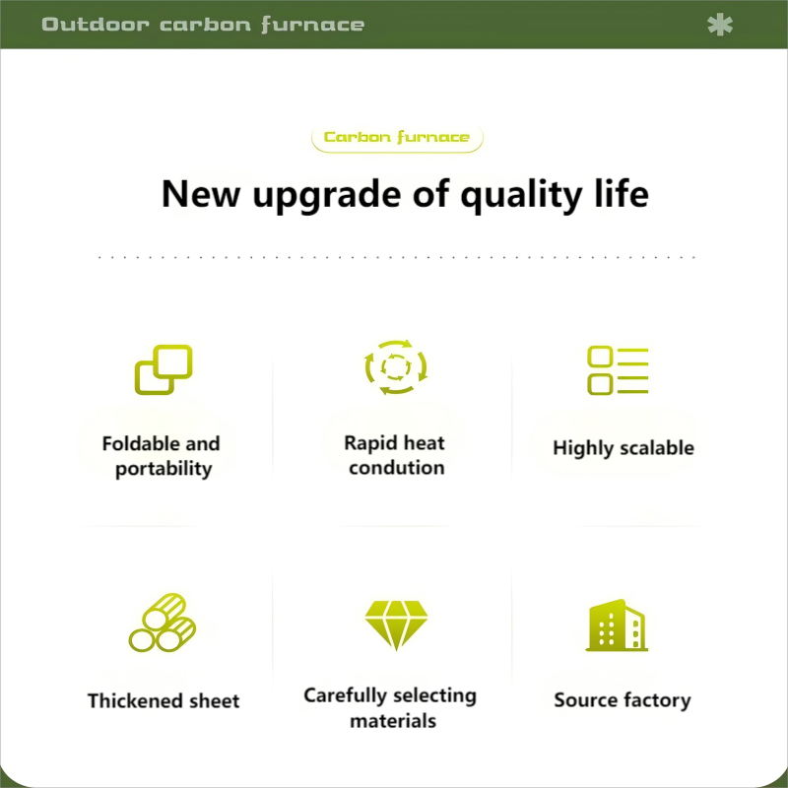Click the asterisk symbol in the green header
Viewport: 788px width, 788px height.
tap(720, 25)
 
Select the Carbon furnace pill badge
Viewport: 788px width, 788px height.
tap(397, 138)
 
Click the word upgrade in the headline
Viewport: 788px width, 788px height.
tap(327, 195)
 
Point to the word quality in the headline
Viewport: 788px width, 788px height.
tap(522, 195)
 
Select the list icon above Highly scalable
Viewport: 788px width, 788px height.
tap(618, 370)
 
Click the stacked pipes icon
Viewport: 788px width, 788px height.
tap(163, 623)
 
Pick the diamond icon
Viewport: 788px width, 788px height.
tap(396, 625)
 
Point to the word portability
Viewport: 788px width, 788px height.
tap(164, 470)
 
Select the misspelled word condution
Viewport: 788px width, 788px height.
tap(397, 468)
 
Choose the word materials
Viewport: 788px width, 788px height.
tap(393, 721)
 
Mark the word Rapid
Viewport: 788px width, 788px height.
tap(364, 444)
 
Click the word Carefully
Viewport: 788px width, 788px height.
tap(345, 696)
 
